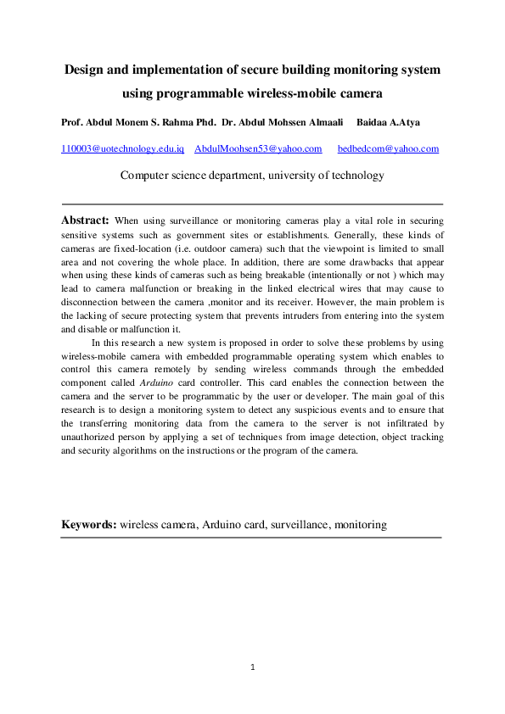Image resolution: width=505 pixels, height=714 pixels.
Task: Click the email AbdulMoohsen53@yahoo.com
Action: click(258, 148)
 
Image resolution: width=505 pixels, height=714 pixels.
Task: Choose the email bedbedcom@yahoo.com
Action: click(388, 148)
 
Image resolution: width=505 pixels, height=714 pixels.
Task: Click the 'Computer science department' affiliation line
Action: click(252, 176)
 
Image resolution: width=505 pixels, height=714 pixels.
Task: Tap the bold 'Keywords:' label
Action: click(88, 525)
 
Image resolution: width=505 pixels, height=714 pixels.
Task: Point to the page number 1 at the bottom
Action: click(253, 668)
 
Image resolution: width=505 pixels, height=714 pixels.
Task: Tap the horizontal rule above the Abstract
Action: click(252, 204)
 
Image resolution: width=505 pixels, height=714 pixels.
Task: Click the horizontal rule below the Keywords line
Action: click(252, 538)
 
